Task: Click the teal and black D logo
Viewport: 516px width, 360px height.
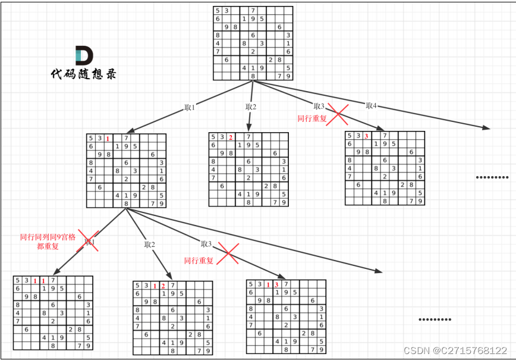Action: click(x=84, y=55)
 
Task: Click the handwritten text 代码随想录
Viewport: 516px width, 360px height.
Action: click(x=83, y=74)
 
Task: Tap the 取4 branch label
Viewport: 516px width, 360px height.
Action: click(x=371, y=105)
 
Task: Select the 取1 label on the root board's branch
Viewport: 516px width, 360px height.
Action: click(x=190, y=108)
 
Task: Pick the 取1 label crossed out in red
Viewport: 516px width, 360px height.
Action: click(x=90, y=242)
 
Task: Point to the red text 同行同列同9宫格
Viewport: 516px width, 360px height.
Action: click(x=48, y=237)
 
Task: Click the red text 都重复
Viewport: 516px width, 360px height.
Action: click(x=48, y=246)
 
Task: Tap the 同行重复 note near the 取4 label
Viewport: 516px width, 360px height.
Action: click(x=312, y=118)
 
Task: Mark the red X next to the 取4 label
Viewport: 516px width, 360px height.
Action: click(x=338, y=113)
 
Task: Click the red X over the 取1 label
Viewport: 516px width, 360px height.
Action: click(x=89, y=242)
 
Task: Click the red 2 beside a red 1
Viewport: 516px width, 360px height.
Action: click(x=163, y=286)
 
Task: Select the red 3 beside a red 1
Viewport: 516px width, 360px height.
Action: click(x=276, y=284)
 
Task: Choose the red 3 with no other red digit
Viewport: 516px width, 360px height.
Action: click(x=367, y=136)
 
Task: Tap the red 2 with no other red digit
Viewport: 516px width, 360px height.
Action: click(x=230, y=137)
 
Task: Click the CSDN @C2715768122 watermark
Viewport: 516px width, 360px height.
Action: click(x=455, y=351)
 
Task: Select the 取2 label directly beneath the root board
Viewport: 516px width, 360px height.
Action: click(x=250, y=107)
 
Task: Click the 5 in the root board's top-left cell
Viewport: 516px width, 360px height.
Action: click(x=218, y=11)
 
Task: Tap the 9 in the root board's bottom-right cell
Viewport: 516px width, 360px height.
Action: click(x=288, y=76)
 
